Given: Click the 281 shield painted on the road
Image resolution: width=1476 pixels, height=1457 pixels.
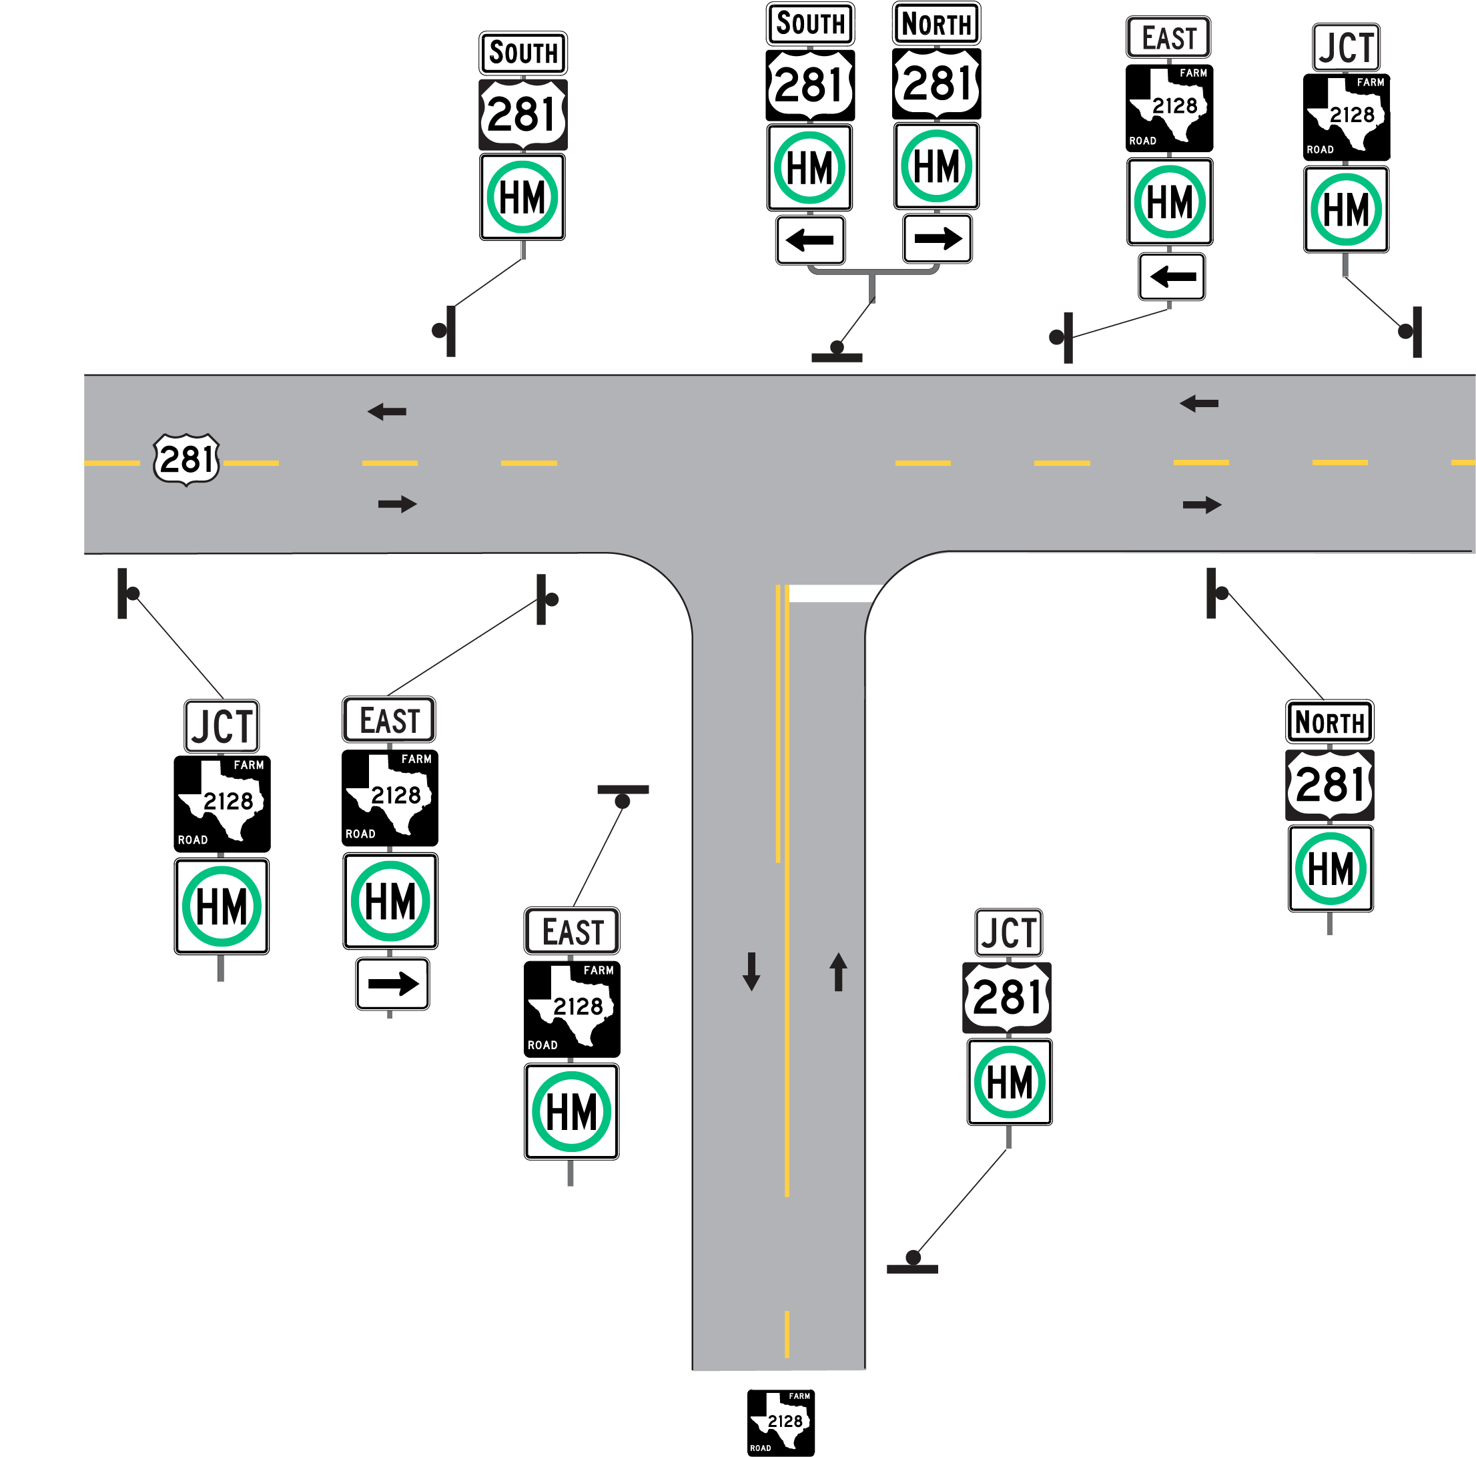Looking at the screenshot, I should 186,459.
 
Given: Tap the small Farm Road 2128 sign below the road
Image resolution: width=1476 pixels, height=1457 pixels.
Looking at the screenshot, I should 780,1422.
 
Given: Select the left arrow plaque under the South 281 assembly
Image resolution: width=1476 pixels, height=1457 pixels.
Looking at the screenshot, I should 810,240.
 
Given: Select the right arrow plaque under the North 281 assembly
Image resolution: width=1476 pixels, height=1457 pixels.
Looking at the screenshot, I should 938,238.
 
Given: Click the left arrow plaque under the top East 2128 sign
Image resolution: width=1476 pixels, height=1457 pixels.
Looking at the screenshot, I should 1171,276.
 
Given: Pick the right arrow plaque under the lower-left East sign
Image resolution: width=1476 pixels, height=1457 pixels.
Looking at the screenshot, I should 392,983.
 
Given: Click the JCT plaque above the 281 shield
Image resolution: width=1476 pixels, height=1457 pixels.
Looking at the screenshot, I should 1008,932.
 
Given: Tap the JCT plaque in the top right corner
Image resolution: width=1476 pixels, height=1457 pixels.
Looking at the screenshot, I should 1345,47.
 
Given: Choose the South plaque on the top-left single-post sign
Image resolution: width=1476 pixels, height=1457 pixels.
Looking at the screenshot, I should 523,53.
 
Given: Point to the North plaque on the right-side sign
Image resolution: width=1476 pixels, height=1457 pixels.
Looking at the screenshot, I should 1329,721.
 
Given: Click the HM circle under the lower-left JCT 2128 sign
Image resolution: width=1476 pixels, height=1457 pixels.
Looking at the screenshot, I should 222,906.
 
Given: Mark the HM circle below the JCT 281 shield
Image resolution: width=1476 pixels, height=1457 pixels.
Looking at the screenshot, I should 1009,1082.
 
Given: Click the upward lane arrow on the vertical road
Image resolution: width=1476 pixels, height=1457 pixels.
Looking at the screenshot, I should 838,971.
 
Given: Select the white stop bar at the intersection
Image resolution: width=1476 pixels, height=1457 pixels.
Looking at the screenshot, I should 833,593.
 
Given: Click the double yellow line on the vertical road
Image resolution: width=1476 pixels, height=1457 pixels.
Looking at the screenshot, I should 781,725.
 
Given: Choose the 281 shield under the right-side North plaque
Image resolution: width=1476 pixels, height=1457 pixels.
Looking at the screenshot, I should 1329,785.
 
